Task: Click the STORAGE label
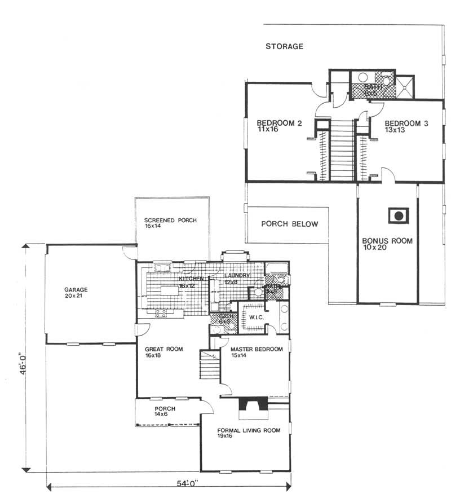[285, 46]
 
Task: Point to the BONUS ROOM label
[387, 241]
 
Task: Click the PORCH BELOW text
[290, 224]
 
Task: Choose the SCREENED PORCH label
[170, 220]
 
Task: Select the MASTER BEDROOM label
[257, 349]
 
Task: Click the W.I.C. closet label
[250, 318]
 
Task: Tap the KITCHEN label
[190, 279]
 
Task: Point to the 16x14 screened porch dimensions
[152, 226]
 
